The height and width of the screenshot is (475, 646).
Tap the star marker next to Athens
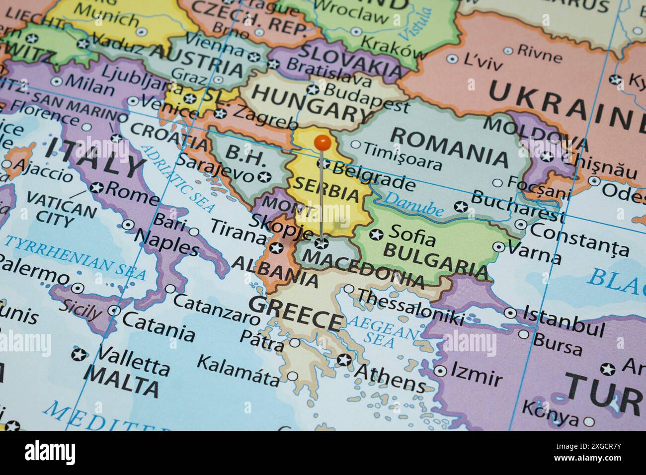[344, 360]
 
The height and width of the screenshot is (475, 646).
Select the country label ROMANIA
[450, 148]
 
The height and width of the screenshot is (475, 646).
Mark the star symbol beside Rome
[97, 188]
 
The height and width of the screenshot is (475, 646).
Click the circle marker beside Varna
[498, 246]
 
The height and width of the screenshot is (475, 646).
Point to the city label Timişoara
[402, 156]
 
